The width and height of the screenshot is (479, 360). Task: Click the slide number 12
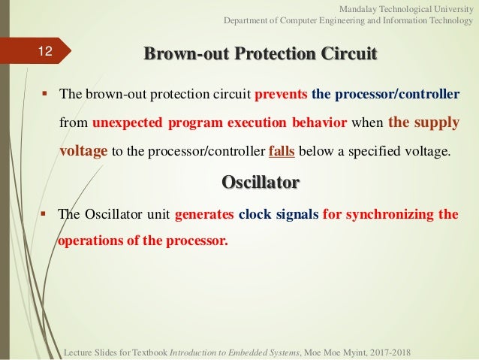(x=45, y=51)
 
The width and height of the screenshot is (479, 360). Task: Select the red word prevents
(x=281, y=94)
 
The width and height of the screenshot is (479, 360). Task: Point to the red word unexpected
(x=128, y=123)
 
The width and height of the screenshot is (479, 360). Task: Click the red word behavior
(x=320, y=123)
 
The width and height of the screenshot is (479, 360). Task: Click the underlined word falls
(x=282, y=151)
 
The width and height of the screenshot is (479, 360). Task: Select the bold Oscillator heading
(x=261, y=183)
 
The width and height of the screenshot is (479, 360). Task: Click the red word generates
(x=204, y=214)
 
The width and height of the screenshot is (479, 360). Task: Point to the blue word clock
(x=255, y=214)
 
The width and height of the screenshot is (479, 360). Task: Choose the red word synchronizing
(x=390, y=214)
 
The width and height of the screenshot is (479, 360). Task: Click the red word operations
(x=90, y=241)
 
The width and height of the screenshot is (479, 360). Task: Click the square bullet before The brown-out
(x=45, y=92)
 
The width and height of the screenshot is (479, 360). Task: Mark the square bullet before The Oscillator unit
(x=43, y=213)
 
